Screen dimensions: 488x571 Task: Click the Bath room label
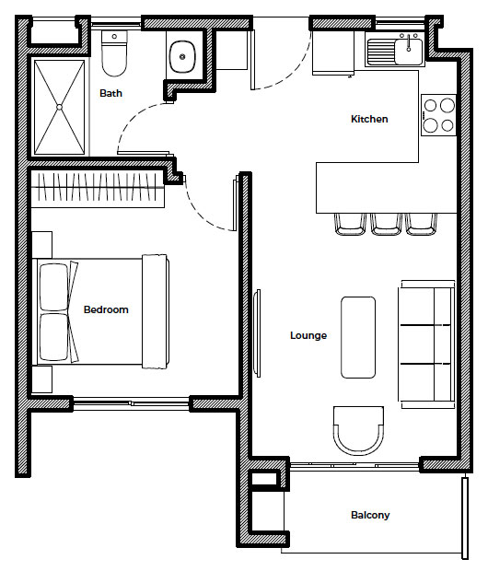pos(110,93)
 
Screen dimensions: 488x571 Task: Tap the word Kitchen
pos(369,119)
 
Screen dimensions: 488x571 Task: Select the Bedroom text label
pos(106,309)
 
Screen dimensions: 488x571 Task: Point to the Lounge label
pos(308,335)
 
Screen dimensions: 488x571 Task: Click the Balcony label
pos(370,515)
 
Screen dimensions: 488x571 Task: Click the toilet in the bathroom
pos(114,53)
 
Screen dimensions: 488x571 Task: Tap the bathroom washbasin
pos(182,56)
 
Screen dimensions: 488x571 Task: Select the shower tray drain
pos(59,107)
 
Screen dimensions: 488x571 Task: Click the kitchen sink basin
pos(408,52)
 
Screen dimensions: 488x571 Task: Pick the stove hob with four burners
pos(438,115)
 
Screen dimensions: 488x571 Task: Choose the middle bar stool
pos(386,225)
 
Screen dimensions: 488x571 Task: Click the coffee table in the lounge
pos(358,337)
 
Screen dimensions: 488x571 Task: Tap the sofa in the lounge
pos(427,344)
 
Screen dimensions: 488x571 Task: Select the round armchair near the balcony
pos(358,431)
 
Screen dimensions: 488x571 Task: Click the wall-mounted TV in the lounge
pos(258,333)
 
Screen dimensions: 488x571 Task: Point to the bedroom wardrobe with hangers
pos(98,187)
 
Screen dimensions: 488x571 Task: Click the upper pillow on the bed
pos(54,287)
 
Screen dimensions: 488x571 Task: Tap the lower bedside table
pos(41,379)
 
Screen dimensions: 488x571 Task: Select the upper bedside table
pos(41,245)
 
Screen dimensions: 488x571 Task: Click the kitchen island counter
pos(386,188)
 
